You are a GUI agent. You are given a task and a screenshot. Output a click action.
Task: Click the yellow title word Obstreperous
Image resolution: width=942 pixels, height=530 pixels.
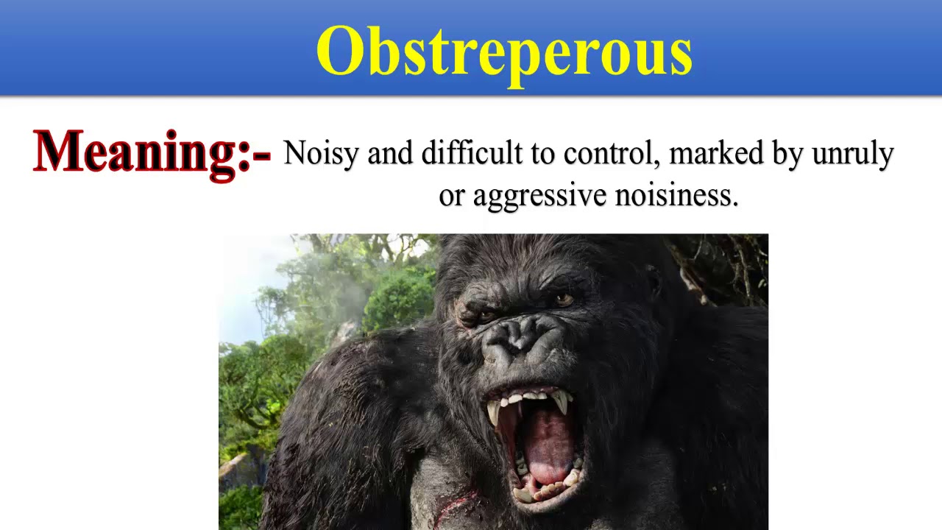point(504,52)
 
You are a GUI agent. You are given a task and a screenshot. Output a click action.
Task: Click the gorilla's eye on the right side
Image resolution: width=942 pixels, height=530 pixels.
point(564,300)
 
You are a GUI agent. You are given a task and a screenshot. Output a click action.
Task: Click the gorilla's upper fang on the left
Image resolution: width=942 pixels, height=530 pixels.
point(494,413)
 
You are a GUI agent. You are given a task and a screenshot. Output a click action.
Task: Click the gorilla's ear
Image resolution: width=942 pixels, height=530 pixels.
point(652,280)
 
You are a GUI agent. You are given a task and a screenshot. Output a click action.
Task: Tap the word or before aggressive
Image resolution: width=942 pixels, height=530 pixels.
point(451,197)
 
